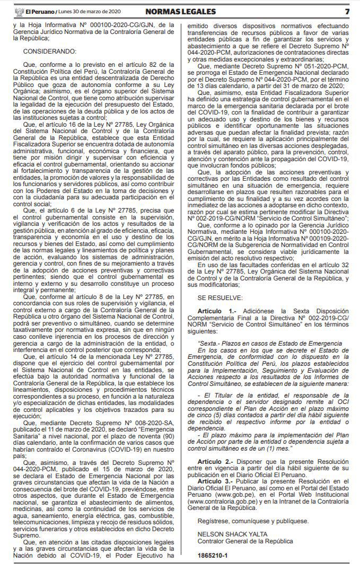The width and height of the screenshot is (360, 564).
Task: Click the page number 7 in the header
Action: click(347, 11)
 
